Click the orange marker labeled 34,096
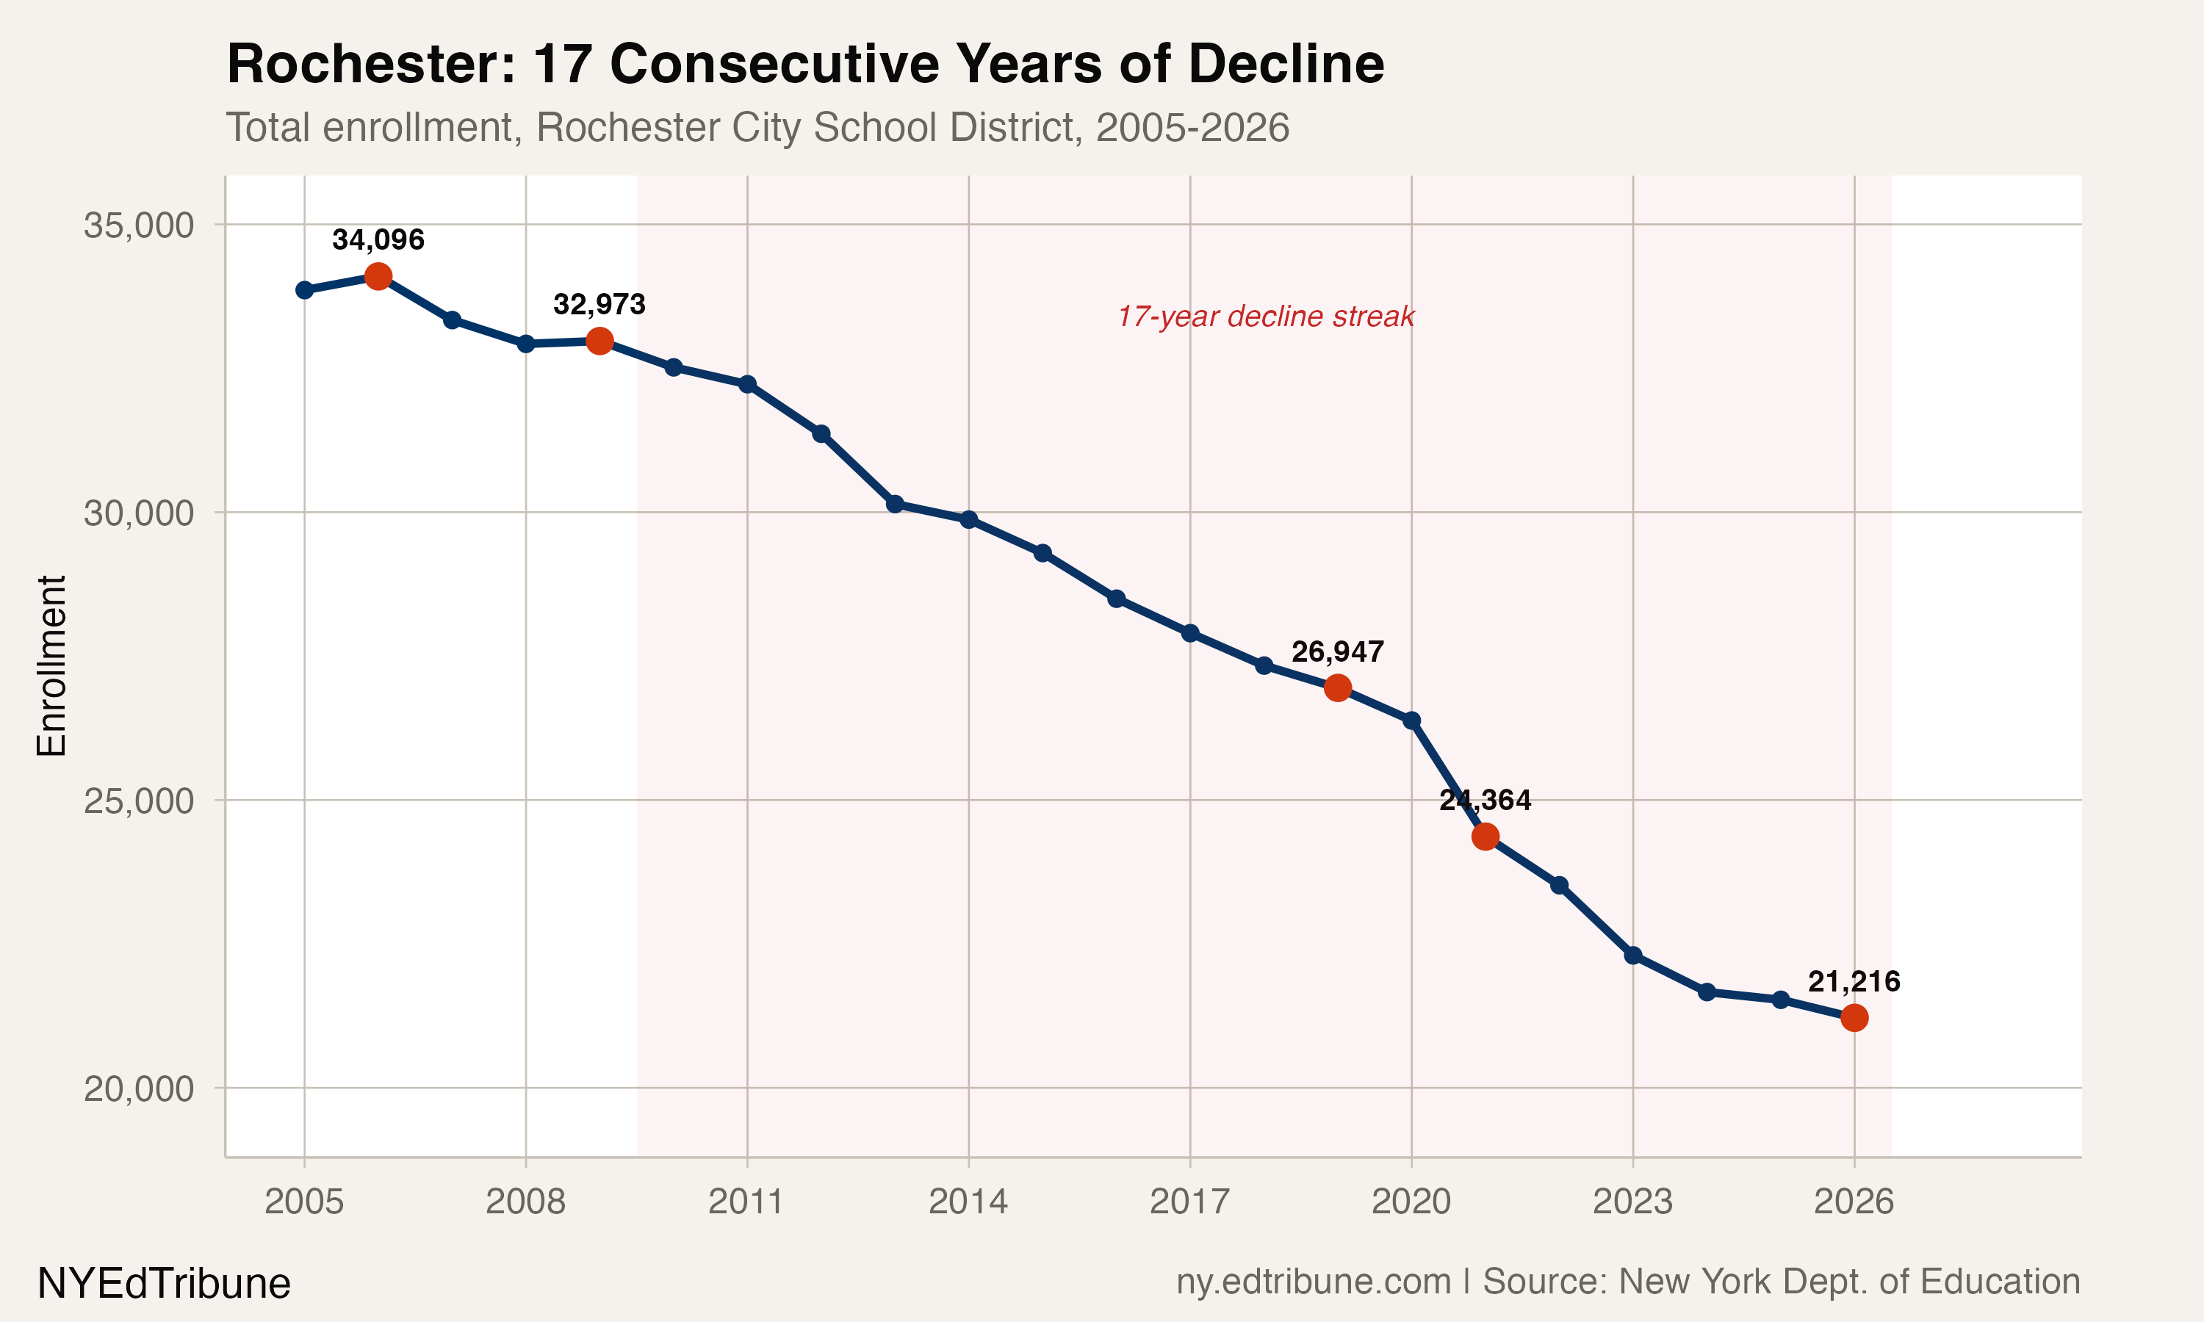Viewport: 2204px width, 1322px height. tap(378, 276)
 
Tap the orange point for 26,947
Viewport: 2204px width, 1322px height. tap(1337, 687)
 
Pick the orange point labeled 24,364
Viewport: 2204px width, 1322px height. tap(1485, 837)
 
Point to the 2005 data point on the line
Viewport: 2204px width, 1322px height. tap(305, 290)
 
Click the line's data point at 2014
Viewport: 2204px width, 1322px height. tap(969, 519)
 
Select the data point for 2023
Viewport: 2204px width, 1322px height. tap(1633, 956)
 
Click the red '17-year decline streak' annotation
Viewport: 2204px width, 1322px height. tap(1265, 317)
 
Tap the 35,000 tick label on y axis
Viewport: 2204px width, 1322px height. tap(139, 225)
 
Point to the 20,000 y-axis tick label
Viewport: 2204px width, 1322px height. tap(139, 1088)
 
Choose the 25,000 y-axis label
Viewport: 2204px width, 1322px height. tap(139, 801)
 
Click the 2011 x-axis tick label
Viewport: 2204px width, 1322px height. tap(746, 1202)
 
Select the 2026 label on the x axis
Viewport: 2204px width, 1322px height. tap(1854, 1202)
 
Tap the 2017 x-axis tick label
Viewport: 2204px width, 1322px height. tap(1189, 1202)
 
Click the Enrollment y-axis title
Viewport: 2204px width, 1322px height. tap(51, 665)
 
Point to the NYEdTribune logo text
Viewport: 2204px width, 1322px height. tap(164, 1284)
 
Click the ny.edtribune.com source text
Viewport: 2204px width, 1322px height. tap(1313, 1281)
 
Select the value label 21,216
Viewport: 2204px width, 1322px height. tap(1854, 982)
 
